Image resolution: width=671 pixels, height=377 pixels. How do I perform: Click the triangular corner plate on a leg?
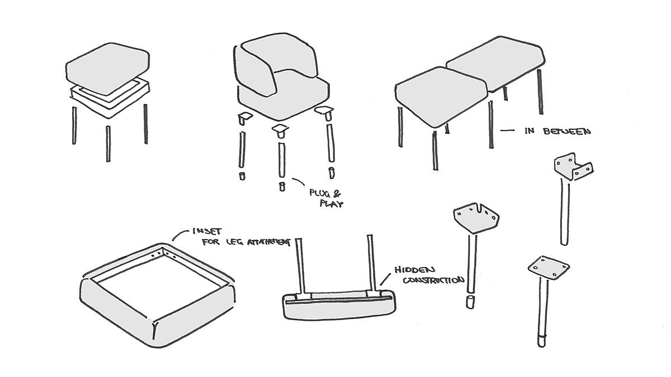point(477,218)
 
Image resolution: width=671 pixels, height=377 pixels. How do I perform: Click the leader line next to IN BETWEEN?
point(507,131)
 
